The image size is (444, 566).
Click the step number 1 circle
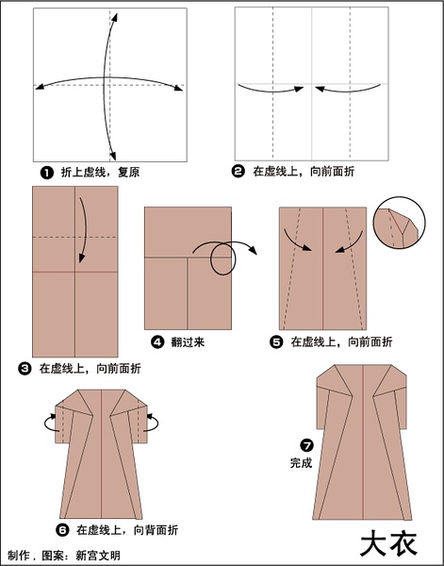(47, 173)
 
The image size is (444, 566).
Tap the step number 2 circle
(238, 171)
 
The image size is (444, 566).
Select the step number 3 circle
(25, 369)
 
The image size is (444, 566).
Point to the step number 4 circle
(157, 341)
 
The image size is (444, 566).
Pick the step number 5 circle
(276, 341)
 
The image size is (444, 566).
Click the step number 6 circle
(62, 530)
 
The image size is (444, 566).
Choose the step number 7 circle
(307, 445)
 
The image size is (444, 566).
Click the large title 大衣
(388, 544)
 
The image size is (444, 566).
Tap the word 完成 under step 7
(301, 463)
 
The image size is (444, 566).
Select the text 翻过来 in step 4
(188, 341)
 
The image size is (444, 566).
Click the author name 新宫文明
(98, 556)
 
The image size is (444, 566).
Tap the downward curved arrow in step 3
(85, 227)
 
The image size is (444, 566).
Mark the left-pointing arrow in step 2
(348, 92)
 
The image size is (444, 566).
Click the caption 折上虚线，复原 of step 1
(100, 173)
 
